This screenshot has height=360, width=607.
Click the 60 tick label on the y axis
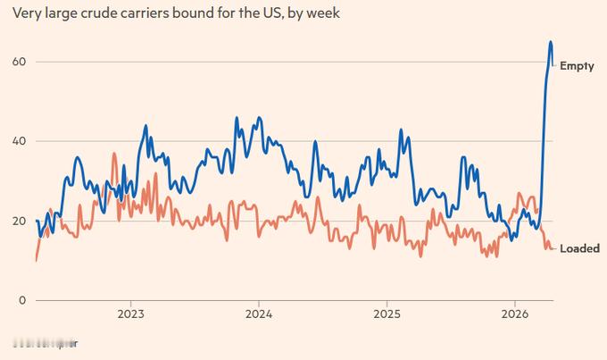[x=18, y=62]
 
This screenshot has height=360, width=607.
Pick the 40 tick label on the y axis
[x=18, y=141]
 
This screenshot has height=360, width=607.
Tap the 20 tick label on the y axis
[x=18, y=221]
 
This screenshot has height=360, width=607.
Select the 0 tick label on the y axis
[x=21, y=300]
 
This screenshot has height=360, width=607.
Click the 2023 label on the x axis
[x=131, y=314]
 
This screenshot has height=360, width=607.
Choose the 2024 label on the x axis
[x=259, y=314]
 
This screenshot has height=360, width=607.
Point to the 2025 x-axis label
[x=387, y=314]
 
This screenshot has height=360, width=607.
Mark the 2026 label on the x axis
[x=514, y=314]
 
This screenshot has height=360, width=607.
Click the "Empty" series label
[x=577, y=66]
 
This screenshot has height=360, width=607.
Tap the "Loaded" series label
[x=579, y=248]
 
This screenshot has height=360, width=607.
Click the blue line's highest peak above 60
[x=550, y=42]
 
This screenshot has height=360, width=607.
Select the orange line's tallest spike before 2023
[x=114, y=154]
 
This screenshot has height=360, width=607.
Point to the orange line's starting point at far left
[x=36, y=260]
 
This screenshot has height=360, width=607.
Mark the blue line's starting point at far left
[x=37, y=221]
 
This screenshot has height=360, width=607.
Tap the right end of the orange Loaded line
[x=553, y=248]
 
